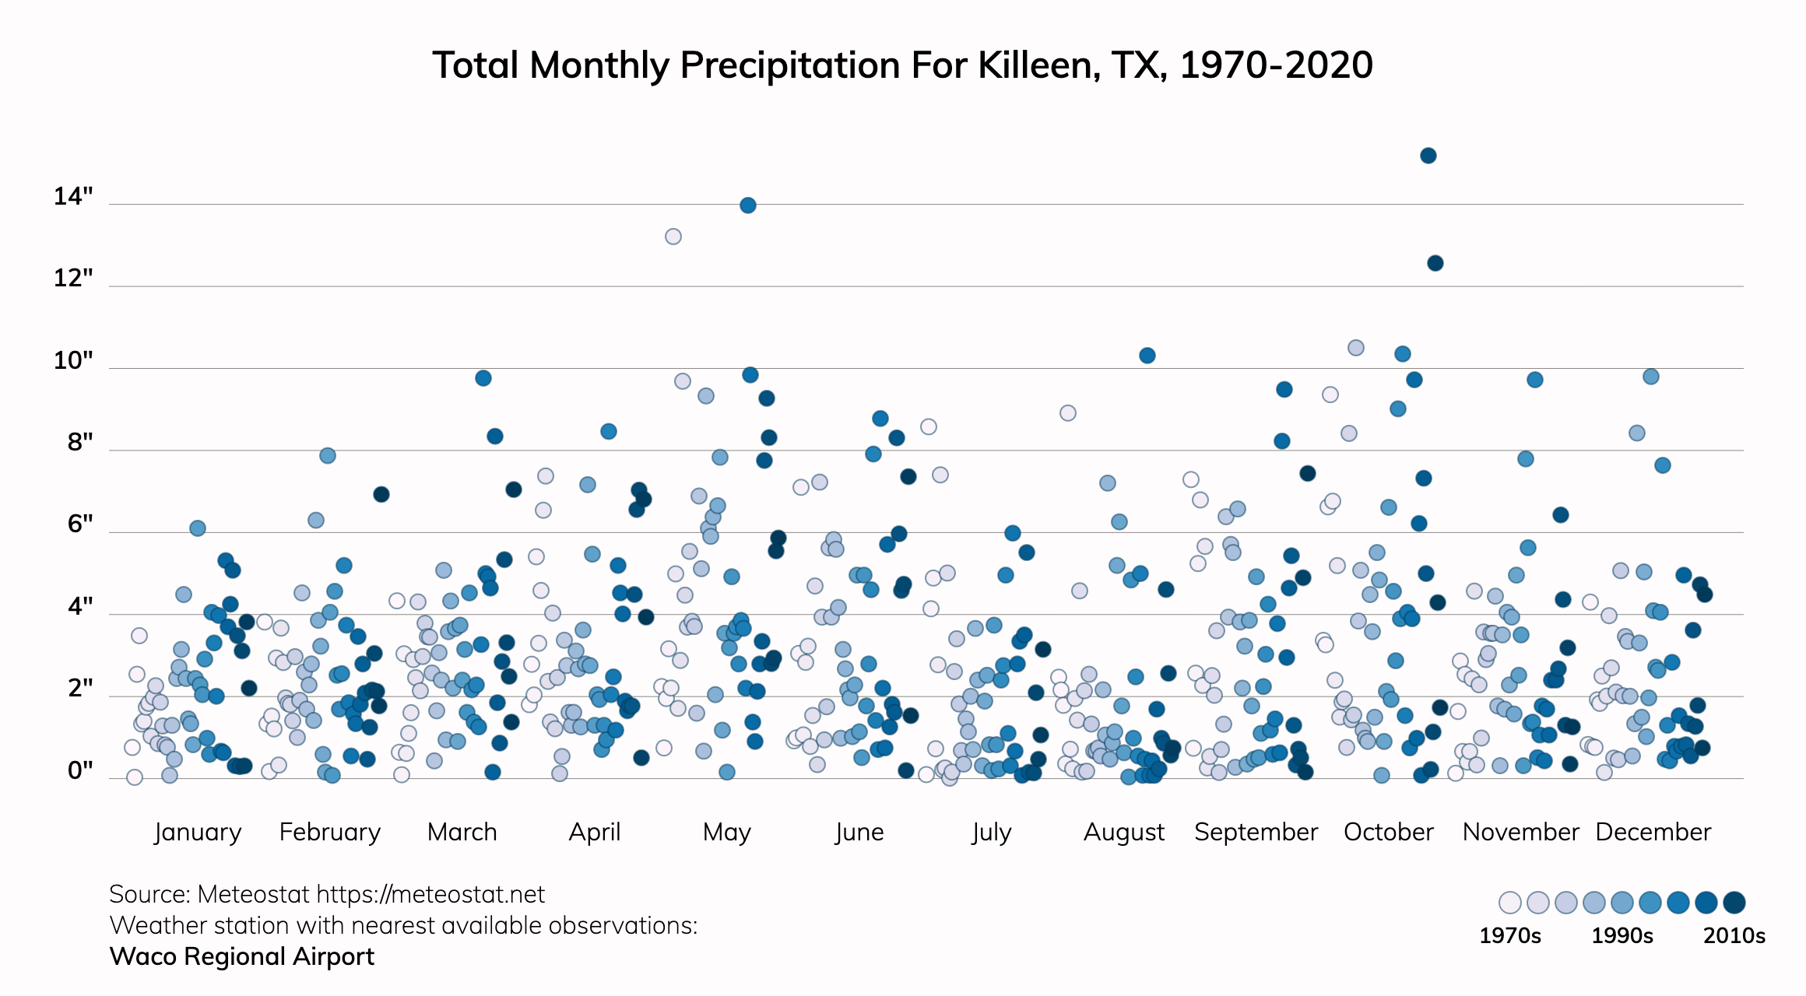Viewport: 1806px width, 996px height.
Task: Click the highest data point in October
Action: [x=1428, y=156]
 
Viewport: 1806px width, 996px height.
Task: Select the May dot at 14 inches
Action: [x=747, y=205]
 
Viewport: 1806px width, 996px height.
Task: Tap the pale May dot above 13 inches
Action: [x=673, y=237]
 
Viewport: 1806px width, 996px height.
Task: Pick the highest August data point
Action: [x=1147, y=356]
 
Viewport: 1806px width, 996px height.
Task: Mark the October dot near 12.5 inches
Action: [x=1435, y=263]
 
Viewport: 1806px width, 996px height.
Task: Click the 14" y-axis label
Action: [x=73, y=196]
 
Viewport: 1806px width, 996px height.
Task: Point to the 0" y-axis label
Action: [x=80, y=770]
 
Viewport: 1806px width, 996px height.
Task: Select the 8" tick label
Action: [x=80, y=442]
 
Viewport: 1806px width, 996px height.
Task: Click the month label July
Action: [x=991, y=832]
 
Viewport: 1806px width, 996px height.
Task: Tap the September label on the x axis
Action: [x=1256, y=832]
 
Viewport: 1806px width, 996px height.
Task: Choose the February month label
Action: [x=330, y=832]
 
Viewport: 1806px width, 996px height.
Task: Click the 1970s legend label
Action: [x=1509, y=935]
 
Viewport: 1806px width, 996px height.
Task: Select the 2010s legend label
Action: [x=1734, y=935]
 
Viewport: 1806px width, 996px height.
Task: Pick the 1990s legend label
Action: [x=1622, y=935]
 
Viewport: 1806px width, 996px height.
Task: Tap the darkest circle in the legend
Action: [x=1734, y=903]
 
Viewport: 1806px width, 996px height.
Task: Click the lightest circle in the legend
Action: [x=1509, y=903]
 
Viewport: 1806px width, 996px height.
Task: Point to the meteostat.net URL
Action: [x=430, y=895]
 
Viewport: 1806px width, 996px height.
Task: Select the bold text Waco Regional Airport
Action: [x=242, y=956]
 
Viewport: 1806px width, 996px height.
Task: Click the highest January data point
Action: [x=197, y=528]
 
